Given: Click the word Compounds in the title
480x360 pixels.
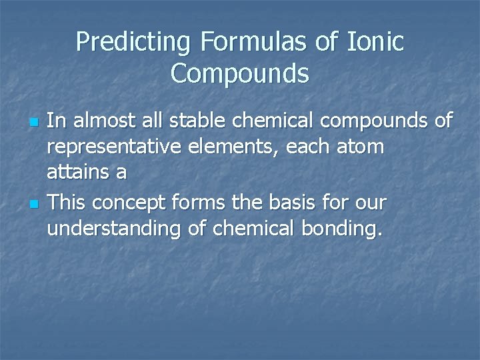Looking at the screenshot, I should (x=240, y=73).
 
